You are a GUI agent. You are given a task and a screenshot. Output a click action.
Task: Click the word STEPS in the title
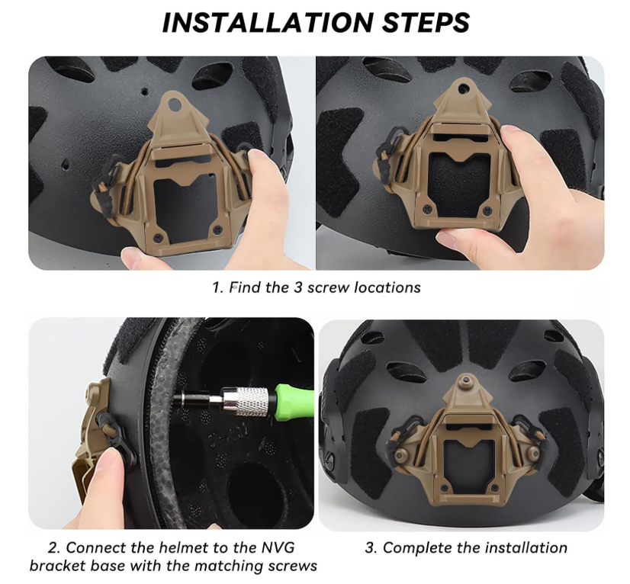[423, 23]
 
